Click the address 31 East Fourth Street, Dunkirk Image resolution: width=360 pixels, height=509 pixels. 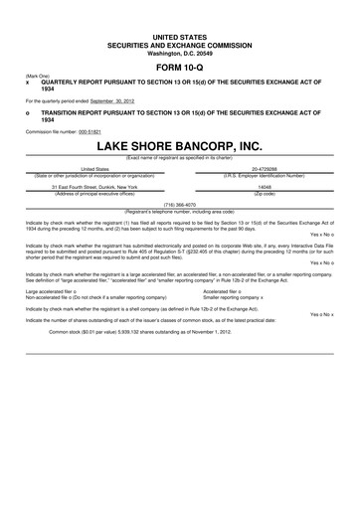(93, 185)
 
